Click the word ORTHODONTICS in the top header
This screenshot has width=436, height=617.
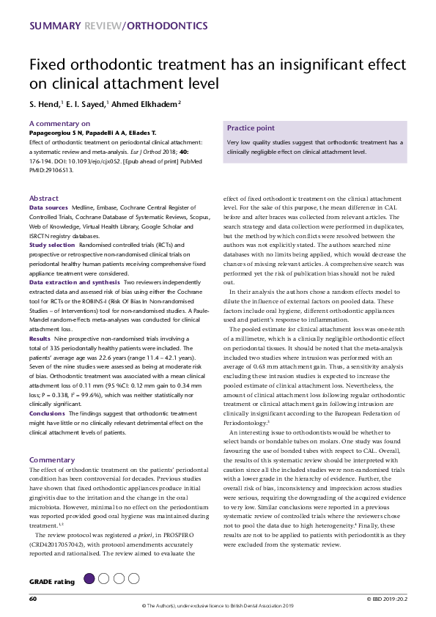(x=167, y=26)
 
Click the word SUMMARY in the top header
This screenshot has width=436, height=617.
(x=56, y=26)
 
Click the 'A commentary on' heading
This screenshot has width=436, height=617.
(x=60, y=124)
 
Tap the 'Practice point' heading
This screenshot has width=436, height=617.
(x=251, y=128)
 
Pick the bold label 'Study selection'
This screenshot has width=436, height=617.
(x=52, y=224)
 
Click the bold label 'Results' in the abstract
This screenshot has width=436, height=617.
(x=40, y=339)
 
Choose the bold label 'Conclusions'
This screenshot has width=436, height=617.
(x=47, y=413)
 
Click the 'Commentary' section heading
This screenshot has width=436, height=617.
(x=52, y=459)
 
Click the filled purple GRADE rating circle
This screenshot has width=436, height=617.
(x=89, y=579)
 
